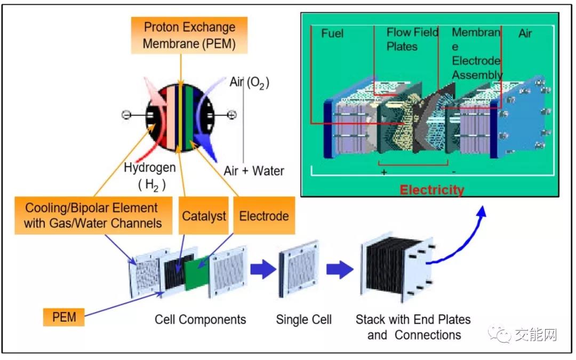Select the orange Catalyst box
tap(204, 217)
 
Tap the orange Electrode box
tap(264, 215)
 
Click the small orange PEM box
tap(64, 317)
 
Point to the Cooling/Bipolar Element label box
tap(93, 215)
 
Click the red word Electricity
tap(432, 189)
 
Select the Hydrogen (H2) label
tap(149, 175)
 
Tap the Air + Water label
tap(254, 171)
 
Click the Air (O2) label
tap(249, 83)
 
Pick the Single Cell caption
tap(303, 320)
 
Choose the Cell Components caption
tap(201, 320)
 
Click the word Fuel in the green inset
tap(332, 34)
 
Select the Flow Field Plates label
tap(412, 39)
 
